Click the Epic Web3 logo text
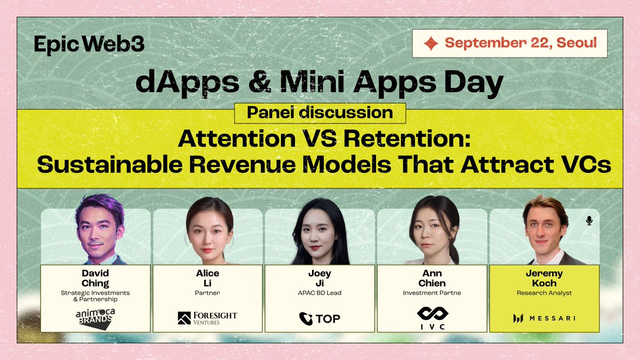(x=89, y=44)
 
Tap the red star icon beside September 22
(x=430, y=43)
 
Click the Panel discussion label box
(x=319, y=113)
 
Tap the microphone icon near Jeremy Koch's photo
(x=589, y=220)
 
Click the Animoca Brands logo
(x=94, y=317)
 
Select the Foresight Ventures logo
(x=207, y=318)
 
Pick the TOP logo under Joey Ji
(x=319, y=319)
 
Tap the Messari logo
(x=544, y=319)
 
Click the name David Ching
(x=95, y=278)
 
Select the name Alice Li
(x=207, y=278)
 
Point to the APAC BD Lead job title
(x=320, y=293)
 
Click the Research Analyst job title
(x=544, y=293)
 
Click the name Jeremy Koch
(x=544, y=278)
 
